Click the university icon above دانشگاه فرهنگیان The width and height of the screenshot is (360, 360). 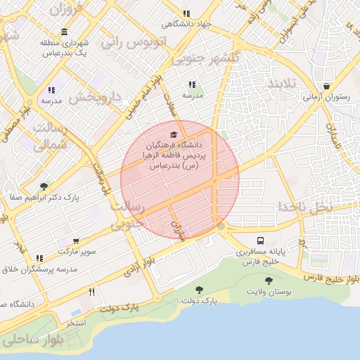click(174, 134)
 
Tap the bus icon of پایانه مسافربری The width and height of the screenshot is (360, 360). click(260, 240)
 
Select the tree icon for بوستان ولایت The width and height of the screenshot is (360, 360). click(269, 281)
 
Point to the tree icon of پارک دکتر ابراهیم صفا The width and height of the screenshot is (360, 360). click(44, 187)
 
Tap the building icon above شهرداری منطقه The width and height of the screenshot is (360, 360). click(64, 32)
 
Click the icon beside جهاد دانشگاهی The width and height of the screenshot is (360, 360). click(186, 13)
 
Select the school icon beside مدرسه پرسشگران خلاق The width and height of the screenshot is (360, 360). click(39, 259)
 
